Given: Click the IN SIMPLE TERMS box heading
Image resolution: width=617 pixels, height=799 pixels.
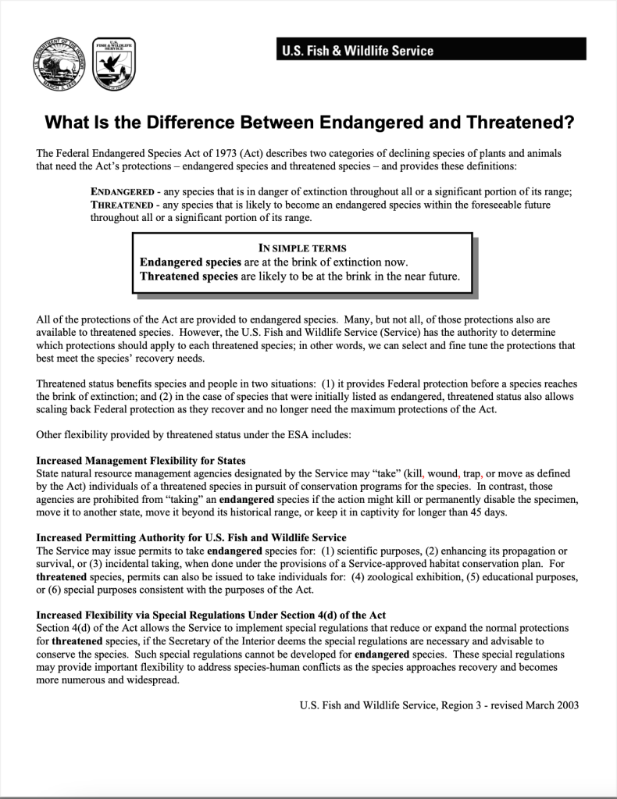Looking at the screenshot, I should pos(302,248).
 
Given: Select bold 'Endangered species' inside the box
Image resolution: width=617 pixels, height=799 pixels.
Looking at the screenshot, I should pos(190,262).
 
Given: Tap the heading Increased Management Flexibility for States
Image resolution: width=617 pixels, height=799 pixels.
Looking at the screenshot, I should pos(141,461).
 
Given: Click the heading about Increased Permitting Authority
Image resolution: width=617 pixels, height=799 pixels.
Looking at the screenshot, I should pos(191,538).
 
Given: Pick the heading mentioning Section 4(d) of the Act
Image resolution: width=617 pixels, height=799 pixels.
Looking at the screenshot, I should pos(211,615).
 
